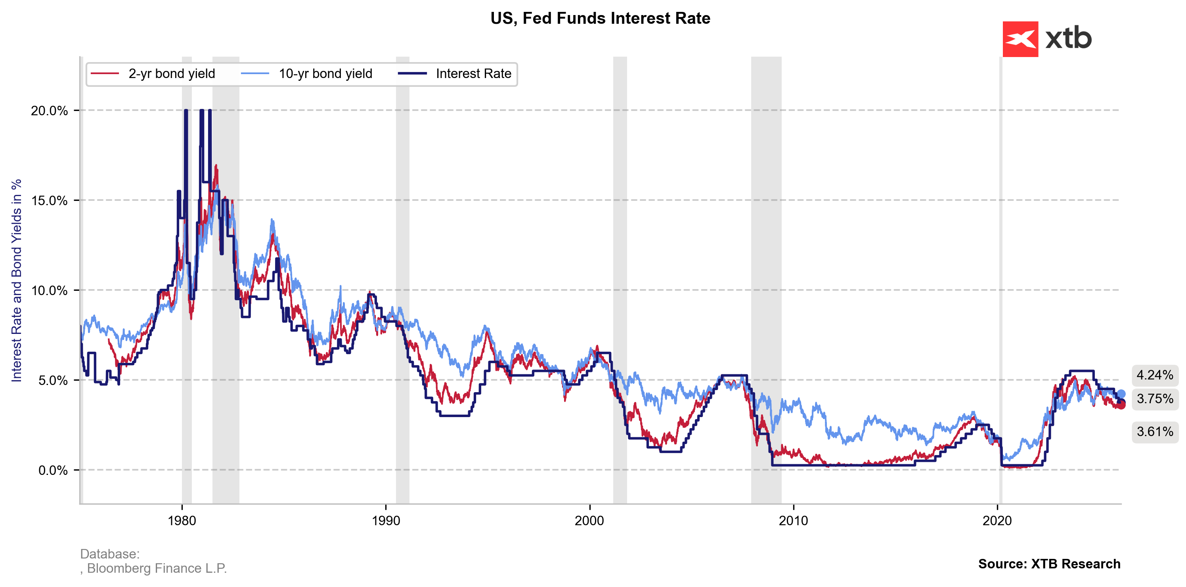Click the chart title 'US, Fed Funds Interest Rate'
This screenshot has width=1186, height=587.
[x=600, y=18]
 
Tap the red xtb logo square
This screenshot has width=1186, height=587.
[x=1020, y=39]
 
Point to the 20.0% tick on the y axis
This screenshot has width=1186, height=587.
[x=49, y=111]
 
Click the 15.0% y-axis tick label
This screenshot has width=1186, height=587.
[x=49, y=200]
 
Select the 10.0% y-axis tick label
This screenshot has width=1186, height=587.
[x=49, y=291]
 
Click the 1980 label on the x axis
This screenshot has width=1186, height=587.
[x=182, y=521]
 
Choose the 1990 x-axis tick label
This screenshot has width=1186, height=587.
[x=386, y=521]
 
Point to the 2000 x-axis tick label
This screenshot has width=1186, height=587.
[x=589, y=521]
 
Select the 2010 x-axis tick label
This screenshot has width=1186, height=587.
[x=793, y=521]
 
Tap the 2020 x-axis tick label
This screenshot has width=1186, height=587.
[x=997, y=521]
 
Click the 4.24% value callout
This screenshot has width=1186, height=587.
[x=1155, y=375]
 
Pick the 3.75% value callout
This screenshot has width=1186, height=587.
[x=1155, y=398]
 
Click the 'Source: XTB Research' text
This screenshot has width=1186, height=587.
[x=1049, y=564]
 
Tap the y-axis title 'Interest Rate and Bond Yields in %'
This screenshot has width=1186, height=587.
[x=17, y=280]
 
